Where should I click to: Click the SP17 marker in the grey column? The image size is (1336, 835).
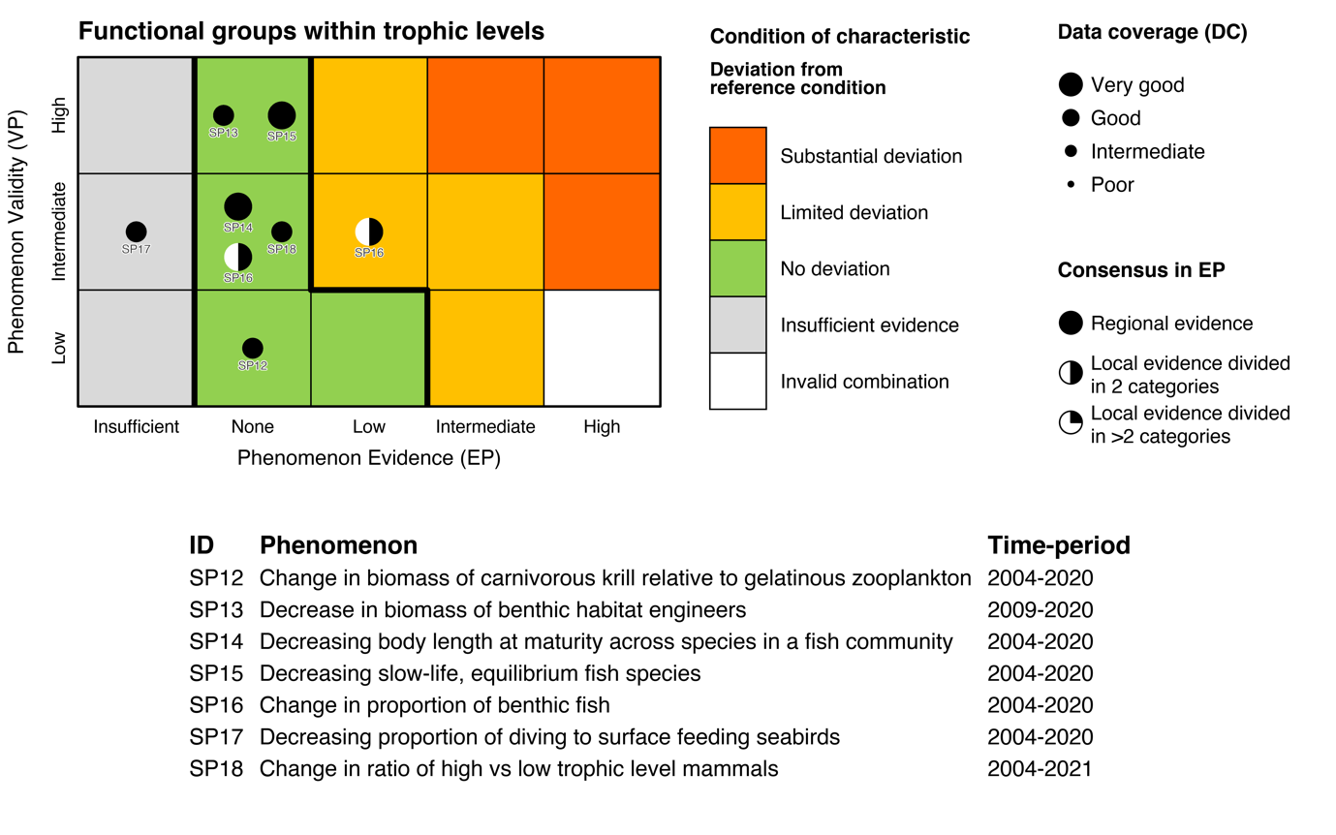pos(137,232)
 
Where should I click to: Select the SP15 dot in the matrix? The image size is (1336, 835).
pos(282,116)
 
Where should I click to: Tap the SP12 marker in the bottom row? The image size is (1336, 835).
pos(253,348)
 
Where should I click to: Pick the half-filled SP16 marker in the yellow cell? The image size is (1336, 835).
pos(369,232)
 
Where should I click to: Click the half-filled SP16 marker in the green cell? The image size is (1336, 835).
pos(238,257)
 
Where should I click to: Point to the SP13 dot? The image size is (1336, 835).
pos(224,116)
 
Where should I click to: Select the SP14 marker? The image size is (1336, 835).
pos(238,206)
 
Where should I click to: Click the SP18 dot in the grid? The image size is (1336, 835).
pos(282,232)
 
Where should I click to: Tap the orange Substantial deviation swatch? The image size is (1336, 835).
pos(738,155)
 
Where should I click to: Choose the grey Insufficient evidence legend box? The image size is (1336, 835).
pos(738,325)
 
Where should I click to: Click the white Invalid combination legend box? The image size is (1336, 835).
pos(738,382)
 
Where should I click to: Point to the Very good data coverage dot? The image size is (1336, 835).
pos(1071,85)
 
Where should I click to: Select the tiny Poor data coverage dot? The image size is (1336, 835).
pos(1071,184)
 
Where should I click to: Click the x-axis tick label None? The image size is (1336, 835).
pos(253,427)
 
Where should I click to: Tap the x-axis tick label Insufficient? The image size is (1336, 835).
pos(137,427)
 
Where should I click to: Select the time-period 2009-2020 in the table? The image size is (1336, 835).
pos(1040,610)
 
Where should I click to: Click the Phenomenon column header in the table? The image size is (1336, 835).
pos(339,544)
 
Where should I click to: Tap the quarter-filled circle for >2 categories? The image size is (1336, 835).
pos(1071,423)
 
